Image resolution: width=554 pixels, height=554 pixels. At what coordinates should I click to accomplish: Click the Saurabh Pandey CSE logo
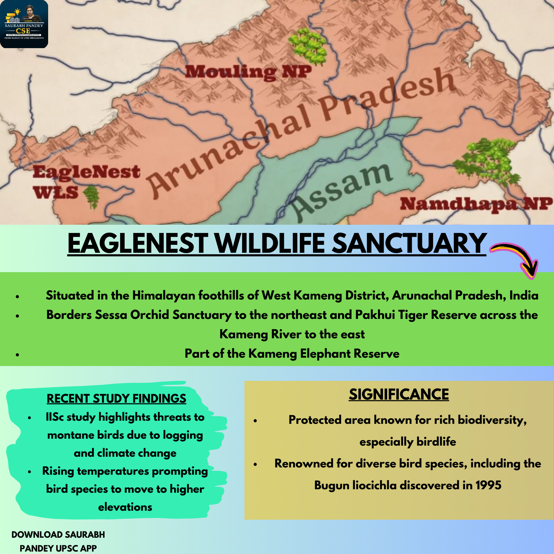[24, 24]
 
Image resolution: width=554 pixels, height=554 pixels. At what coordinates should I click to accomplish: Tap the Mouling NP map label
[248, 72]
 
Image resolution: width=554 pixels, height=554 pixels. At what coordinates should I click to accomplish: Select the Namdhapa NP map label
[476, 204]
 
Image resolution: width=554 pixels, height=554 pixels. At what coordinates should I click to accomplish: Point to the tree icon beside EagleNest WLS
[91, 197]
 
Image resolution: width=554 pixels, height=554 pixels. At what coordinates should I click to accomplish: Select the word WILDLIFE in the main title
[270, 243]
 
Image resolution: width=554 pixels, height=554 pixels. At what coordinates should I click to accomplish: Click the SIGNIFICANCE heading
[399, 394]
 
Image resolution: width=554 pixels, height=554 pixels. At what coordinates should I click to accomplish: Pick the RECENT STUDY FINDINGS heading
[116, 399]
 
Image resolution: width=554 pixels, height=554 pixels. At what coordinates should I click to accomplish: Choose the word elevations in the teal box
[125, 507]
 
